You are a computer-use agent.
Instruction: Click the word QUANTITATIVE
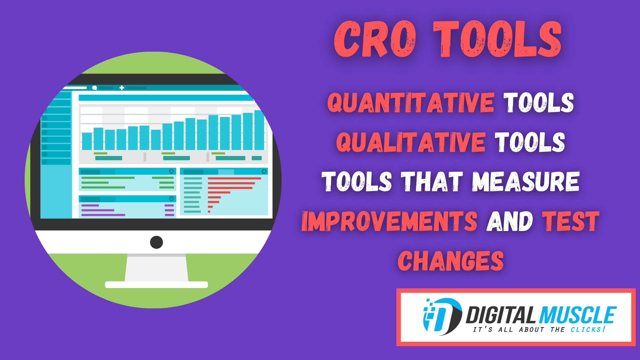pyautogui.click(x=411, y=103)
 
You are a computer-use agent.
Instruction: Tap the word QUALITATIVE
pyautogui.click(x=411, y=142)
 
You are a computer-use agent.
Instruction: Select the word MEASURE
pyautogui.click(x=526, y=182)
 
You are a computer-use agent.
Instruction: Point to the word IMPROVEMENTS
pyautogui.click(x=389, y=221)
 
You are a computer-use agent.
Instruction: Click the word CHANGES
pyautogui.click(x=451, y=261)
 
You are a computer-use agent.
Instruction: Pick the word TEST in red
pyautogui.click(x=570, y=221)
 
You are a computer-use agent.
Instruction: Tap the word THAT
pyautogui.click(x=432, y=182)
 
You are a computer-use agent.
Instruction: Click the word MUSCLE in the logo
pyautogui.click(x=577, y=315)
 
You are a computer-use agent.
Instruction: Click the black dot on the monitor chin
pyautogui.click(x=156, y=242)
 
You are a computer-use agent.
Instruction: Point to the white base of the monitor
pyautogui.click(x=156, y=285)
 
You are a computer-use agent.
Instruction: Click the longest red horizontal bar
pyautogui.click(x=234, y=178)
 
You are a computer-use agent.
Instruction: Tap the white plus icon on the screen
pyautogui.click(x=122, y=88)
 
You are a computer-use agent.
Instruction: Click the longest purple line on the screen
pyautogui.click(x=103, y=215)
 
